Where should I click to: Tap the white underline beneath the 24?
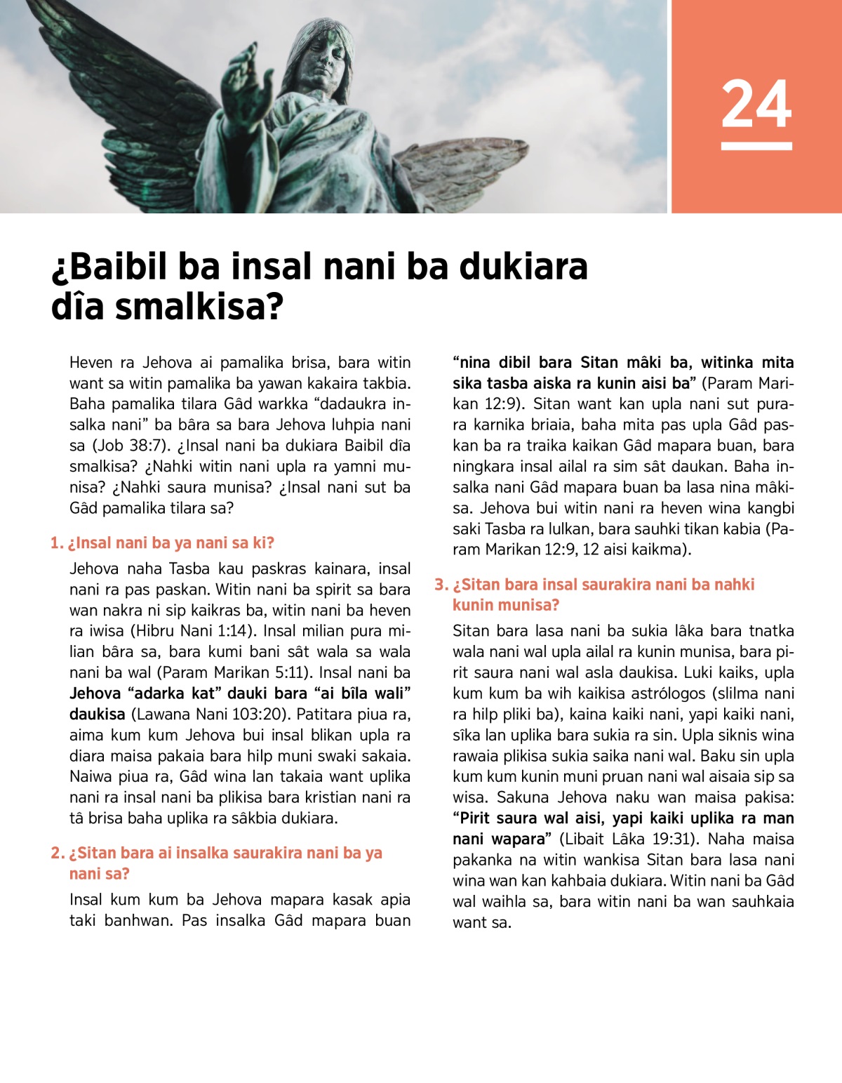[756, 146]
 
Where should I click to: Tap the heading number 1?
[56, 543]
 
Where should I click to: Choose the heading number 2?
[56, 853]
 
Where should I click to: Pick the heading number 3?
[441, 585]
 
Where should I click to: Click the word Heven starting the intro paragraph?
[91, 363]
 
